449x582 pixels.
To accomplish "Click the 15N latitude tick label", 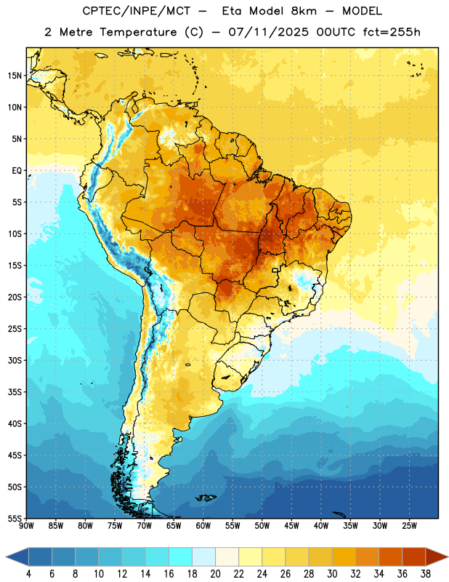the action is pos(15,76).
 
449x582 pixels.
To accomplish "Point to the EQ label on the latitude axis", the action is pos(17,171).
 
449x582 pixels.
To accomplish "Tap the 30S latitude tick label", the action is pos(15,360).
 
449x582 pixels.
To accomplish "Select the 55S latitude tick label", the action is pos(15,518).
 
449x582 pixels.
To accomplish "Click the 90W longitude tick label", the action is pos(26,525).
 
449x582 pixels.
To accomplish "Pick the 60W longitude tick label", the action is pos(203,525).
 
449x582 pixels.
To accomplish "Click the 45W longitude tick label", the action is pos(291,525).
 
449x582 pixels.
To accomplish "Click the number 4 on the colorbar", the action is pos(28,574).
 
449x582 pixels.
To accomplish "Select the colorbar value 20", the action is pos(215,574).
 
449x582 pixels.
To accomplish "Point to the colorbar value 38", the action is pos(426,574).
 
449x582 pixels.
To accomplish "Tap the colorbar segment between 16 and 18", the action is pos(181,557).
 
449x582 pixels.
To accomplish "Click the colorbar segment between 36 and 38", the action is pos(414,557).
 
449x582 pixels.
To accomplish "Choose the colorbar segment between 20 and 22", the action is pos(227,557).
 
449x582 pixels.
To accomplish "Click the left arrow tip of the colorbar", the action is pos(6,557).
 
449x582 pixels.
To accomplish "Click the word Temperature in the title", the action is pos(138,32).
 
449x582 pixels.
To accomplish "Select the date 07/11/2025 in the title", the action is pos(268,32).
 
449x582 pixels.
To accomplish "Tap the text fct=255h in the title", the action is pos(392,32).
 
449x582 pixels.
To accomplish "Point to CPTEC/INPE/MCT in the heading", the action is pos(137,11).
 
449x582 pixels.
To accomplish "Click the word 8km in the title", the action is pos(304,11).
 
